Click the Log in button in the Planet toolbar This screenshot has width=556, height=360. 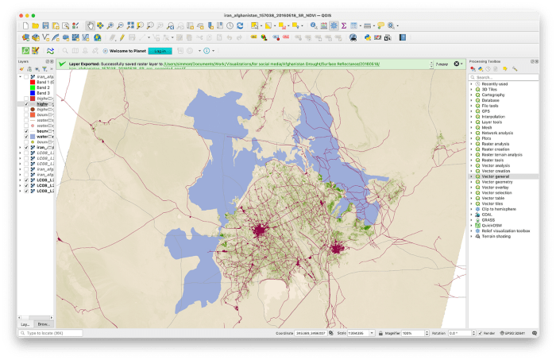pos(160,51)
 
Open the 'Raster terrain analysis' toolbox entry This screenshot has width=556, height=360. pos(501,154)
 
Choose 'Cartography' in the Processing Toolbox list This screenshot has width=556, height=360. pos(492,95)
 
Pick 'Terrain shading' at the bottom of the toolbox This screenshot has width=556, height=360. pos(496,237)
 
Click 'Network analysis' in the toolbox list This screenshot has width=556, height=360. pos(498,132)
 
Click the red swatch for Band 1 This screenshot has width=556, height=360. pos(32,82)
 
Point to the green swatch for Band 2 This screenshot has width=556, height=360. pos(32,87)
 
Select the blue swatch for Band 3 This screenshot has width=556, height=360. pos(32,93)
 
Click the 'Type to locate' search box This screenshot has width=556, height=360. pos(52,333)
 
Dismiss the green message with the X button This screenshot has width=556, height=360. pos(458,64)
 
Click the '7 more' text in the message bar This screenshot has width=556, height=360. pos(441,64)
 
